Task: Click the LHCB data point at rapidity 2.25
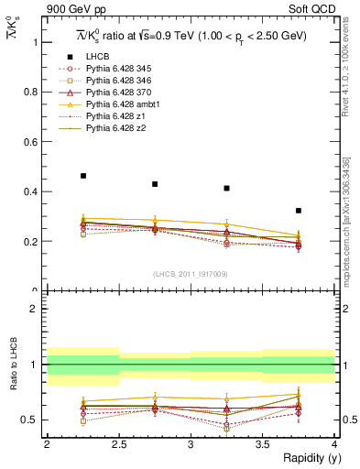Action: (x=83, y=176)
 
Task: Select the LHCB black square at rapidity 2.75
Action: (x=155, y=184)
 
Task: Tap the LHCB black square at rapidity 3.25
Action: (x=226, y=189)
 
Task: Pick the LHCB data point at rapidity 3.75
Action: (x=299, y=211)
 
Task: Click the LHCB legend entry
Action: (x=99, y=58)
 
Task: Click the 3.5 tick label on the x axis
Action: (x=262, y=444)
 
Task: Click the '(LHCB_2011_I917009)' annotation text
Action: (x=190, y=274)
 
